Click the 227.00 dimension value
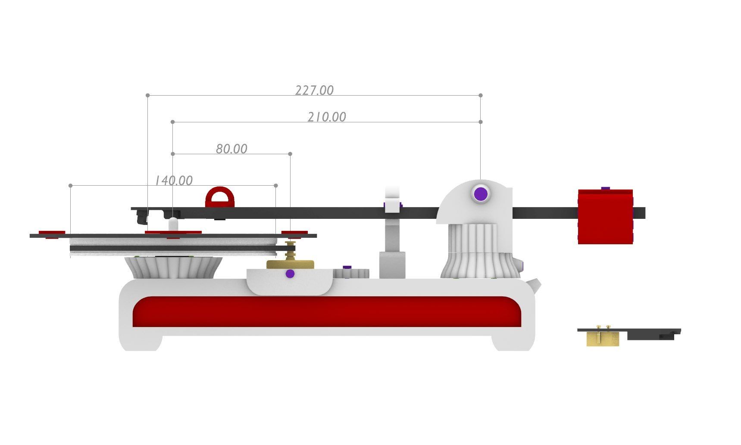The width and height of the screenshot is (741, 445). click(x=314, y=90)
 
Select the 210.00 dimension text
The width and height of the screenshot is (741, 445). click(x=327, y=117)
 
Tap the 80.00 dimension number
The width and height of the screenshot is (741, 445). click(x=231, y=149)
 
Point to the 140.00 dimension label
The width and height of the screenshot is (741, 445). click(x=174, y=180)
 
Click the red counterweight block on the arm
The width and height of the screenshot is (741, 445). click(x=605, y=217)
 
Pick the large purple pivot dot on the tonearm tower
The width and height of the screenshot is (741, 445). click(x=481, y=194)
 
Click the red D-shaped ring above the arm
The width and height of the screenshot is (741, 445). click(x=220, y=197)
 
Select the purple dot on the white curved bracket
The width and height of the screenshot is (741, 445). click(x=290, y=274)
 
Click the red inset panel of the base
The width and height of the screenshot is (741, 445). click(x=327, y=311)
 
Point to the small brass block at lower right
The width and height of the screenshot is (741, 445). click(x=603, y=339)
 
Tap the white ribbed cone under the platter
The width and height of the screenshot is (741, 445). click(x=174, y=268)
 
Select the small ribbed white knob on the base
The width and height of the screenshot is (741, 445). click(x=351, y=273)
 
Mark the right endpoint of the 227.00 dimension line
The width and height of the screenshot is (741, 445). click(x=481, y=95)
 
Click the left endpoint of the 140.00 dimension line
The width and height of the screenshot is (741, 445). click(x=70, y=186)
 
